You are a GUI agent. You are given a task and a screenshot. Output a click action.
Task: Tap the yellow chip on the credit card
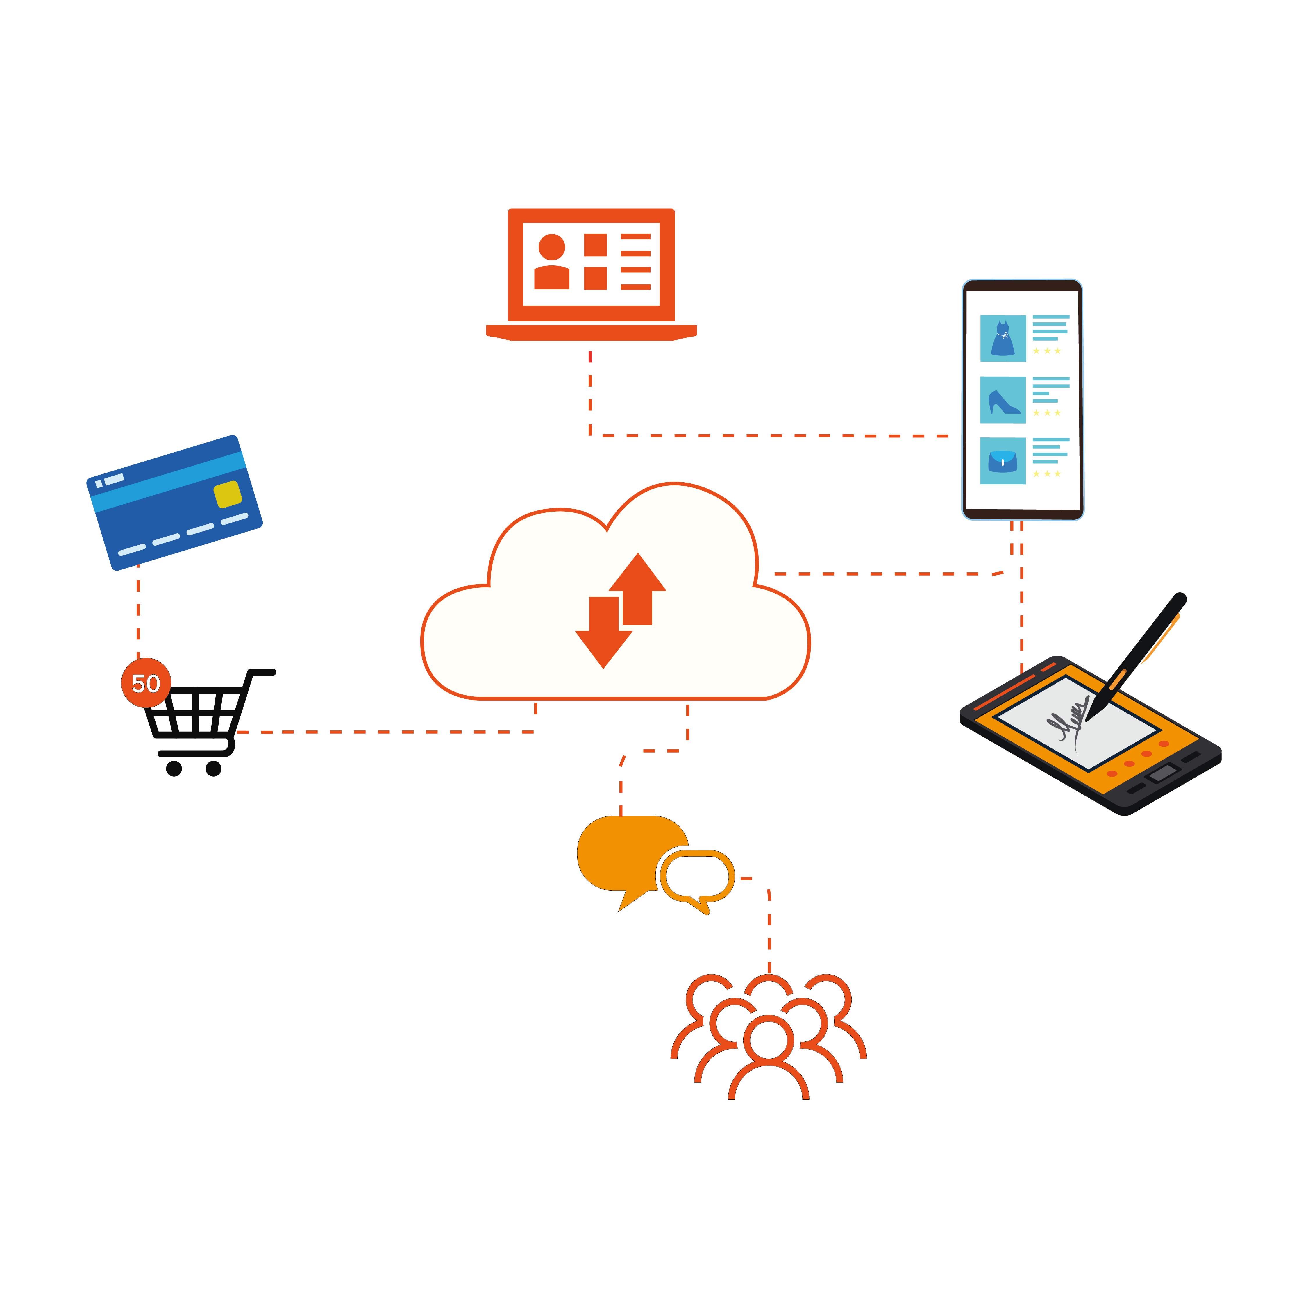[228, 494]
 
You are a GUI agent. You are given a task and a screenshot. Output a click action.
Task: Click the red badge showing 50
[146, 683]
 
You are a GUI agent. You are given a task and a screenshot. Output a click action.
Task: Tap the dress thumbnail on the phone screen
[1003, 338]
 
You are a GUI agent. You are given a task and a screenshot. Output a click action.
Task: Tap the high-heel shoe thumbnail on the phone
[1003, 400]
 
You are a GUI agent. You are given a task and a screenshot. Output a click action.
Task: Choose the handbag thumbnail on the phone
[1003, 461]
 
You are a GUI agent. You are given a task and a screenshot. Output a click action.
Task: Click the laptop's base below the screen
[591, 332]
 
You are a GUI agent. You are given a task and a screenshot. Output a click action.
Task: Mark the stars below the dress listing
[1047, 351]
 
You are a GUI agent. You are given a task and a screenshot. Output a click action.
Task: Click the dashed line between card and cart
[138, 609]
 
